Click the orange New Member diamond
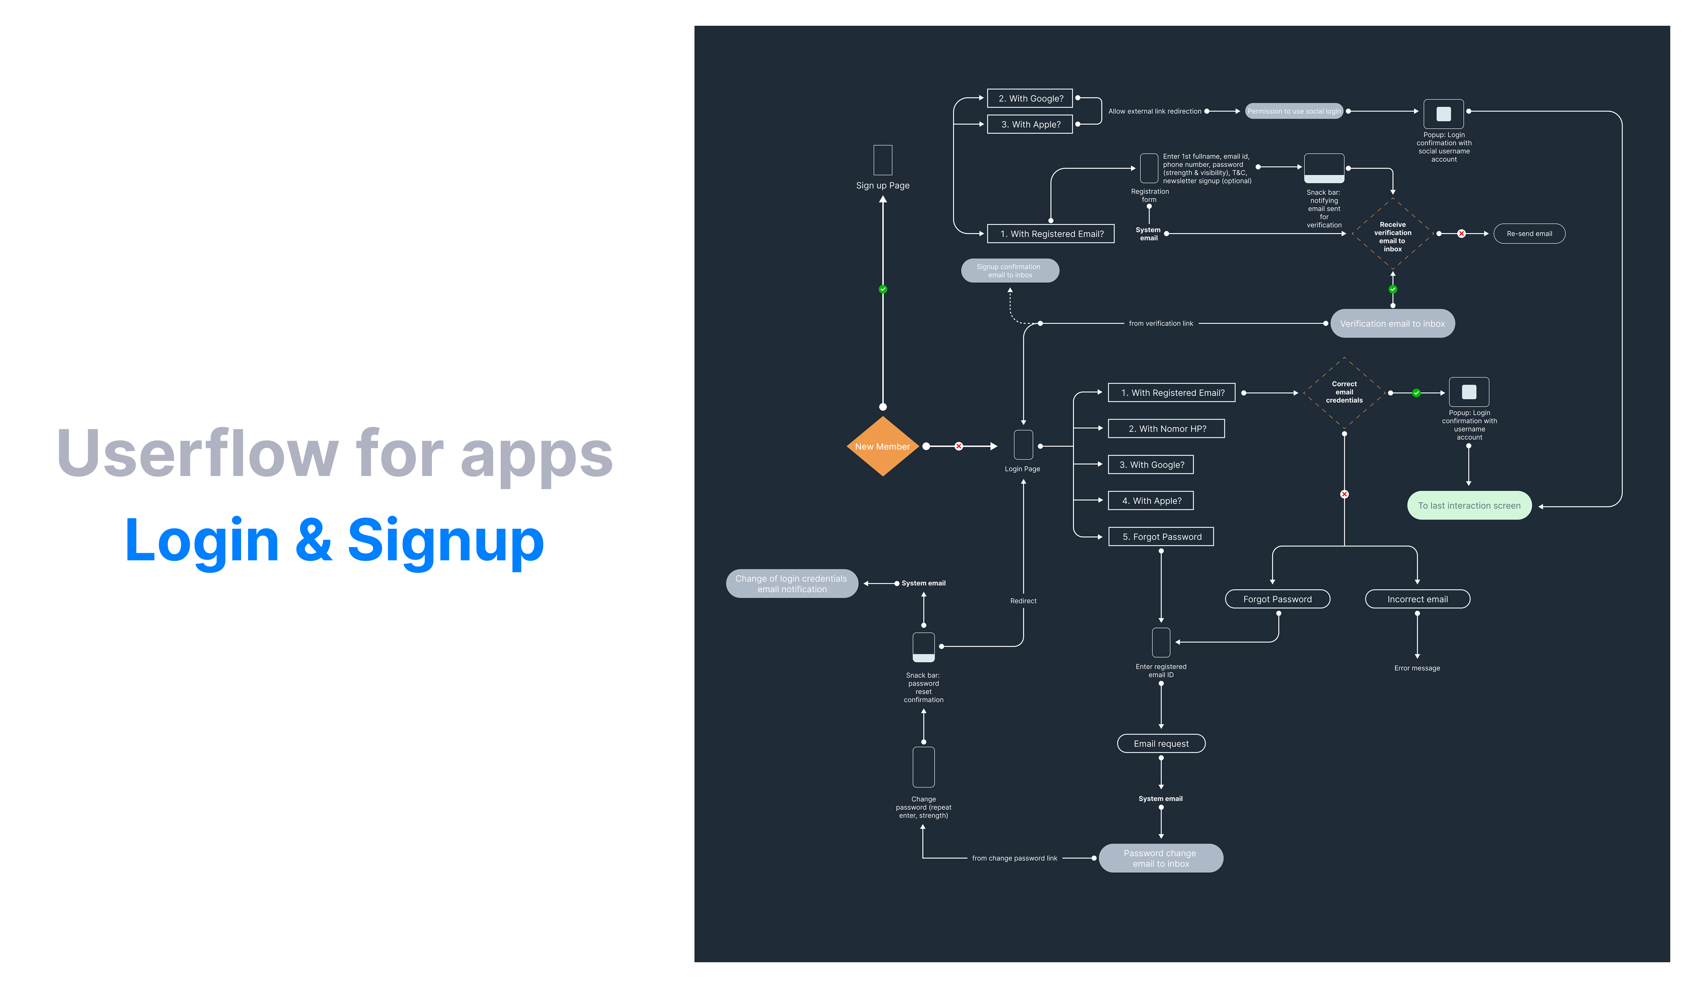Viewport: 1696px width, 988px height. pyautogui.click(x=882, y=447)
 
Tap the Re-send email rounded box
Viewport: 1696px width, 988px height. pyautogui.click(x=1529, y=234)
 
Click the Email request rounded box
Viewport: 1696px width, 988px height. pyautogui.click(x=1161, y=744)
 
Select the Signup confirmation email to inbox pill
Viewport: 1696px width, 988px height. pyautogui.click(x=1010, y=271)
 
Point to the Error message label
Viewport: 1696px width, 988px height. pyautogui.click(x=1417, y=668)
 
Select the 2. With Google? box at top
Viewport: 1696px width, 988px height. pyautogui.click(x=1030, y=98)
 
